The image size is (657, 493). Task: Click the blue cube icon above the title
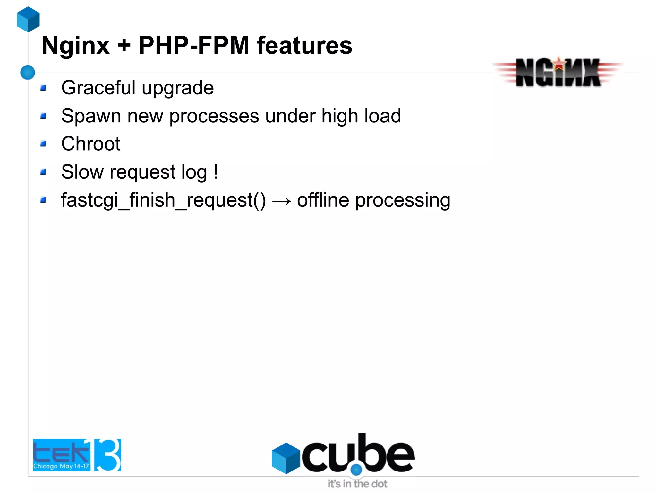tap(28, 19)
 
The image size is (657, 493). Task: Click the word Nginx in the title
tap(76, 46)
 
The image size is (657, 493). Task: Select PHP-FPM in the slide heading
tap(194, 46)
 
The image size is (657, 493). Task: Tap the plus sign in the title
tap(124, 46)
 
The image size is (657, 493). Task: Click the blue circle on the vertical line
tap(28, 72)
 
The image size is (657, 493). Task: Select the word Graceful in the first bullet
tap(98, 88)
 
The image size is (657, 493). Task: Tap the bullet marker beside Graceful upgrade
tap(44, 88)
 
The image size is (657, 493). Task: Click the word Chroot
tap(91, 144)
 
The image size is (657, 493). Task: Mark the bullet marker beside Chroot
tap(44, 144)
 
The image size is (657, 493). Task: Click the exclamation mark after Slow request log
tap(216, 172)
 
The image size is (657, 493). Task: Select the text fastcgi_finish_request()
tap(163, 200)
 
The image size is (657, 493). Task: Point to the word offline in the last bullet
tap(323, 200)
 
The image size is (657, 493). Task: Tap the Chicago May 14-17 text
tap(61, 466)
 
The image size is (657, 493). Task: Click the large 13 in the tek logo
tap(107, 455)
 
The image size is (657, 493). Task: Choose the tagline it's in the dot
tap(357, 484)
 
